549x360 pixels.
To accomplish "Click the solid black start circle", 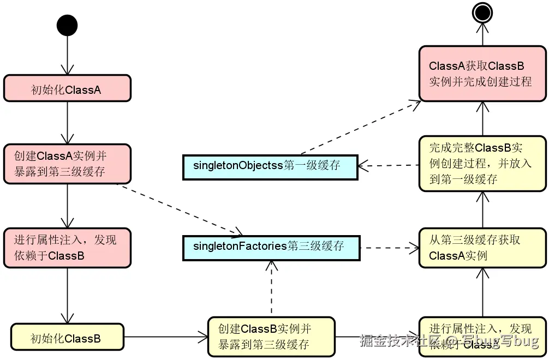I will [x=67, y=26].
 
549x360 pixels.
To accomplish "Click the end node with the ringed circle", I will [x=482, y=13].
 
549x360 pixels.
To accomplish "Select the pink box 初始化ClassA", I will [x=67, y=89].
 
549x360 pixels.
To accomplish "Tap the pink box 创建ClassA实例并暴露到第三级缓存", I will [x=67, y=164].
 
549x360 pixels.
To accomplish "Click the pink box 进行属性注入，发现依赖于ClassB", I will [x=67, y=248].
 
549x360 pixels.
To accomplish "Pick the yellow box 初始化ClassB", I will [x=67, y=338].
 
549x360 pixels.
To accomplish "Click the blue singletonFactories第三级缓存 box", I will [x=271, y=247].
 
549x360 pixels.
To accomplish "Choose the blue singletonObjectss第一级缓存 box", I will [x=268, y=166].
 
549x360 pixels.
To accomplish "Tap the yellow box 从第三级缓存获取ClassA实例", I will [x=482, y=248].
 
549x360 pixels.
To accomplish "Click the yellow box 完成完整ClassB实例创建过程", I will [x=482, y=163].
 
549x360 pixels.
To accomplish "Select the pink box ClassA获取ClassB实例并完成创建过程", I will [x=482, y=74].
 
